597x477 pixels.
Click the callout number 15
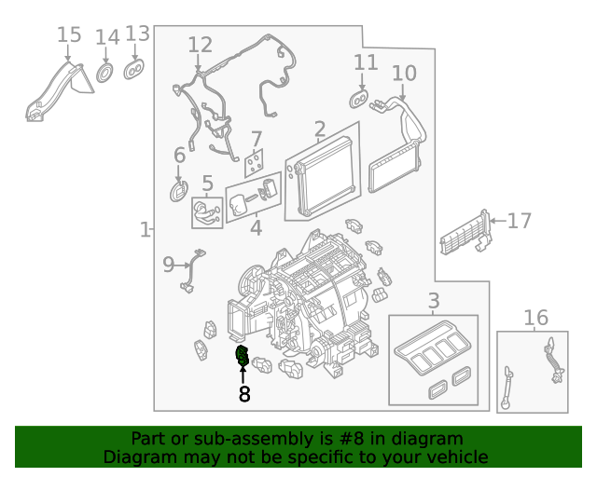click(x=69, y=35)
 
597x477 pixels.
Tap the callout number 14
click(x=107, y=37)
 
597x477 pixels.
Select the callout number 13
click(x=137, y=34)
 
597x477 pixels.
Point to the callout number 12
click(x=200, y=45)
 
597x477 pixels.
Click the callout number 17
click(x=519, y=221)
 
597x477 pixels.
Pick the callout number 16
click(x=536, y=319)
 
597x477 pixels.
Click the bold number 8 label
click(x=244, y=394)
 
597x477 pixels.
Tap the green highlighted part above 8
click(x=242, y=355)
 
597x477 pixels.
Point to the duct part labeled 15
click(x=59, y=92)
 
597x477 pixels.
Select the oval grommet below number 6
click(x=177, y=191)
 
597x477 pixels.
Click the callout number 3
click(x=434, y=301)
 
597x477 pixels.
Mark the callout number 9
click(x=169, y=265)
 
